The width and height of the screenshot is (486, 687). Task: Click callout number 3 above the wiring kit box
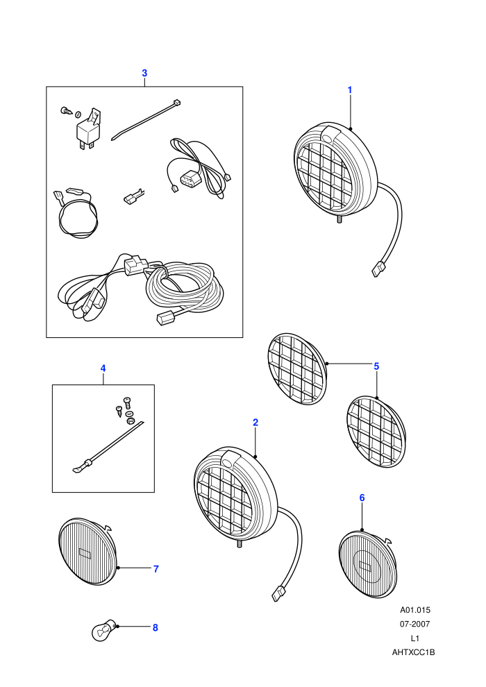(144, 73)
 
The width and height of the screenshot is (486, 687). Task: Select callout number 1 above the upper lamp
(350, 90)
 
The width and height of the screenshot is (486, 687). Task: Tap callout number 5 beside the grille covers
(376, 366)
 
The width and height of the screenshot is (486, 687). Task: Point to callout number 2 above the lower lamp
(255, 423)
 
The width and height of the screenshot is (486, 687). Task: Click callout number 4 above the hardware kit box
(103, 368)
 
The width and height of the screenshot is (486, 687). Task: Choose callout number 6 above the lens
(362, 498)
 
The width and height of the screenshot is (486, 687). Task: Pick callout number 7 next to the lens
(156, 569)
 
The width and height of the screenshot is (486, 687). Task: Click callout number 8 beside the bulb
(155, 627)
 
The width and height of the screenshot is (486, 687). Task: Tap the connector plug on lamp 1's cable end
(378, 269)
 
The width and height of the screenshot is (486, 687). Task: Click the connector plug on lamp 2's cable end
(278, 593)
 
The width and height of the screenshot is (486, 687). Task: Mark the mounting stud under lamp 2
(240, 543)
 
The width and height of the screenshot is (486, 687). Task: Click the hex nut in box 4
(130, 421)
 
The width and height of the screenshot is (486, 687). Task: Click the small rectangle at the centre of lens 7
(85, 553)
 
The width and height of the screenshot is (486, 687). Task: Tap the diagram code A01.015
(415, 610)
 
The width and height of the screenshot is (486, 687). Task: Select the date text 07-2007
(414, 624)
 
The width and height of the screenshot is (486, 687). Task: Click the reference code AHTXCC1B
(413, 652)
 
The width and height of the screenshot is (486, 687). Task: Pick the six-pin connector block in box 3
(188, 179)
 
